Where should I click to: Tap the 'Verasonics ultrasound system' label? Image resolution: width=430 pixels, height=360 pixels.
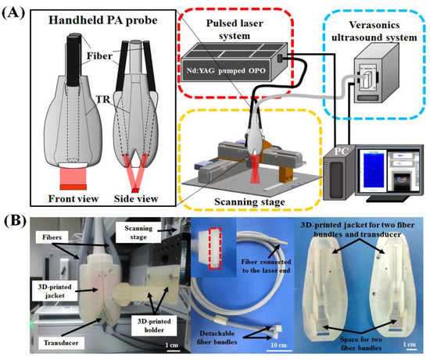click(x=378, y=27)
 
